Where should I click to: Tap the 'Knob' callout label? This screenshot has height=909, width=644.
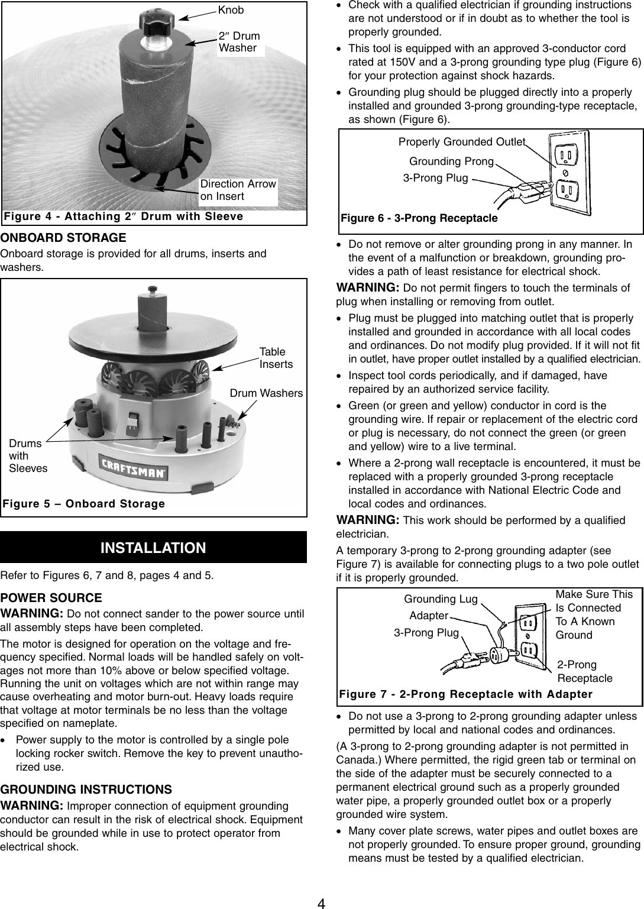(231, 10)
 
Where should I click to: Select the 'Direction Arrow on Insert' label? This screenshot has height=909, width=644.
(238, 190)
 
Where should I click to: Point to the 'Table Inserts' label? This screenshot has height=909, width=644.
(276, 358)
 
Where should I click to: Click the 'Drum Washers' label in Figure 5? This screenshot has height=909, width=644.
(266, 393)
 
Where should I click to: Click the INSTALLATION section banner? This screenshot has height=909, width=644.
(153, 548)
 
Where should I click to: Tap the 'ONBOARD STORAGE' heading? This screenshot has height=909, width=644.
(63, 238)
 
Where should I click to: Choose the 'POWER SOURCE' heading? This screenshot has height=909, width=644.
(51, 598)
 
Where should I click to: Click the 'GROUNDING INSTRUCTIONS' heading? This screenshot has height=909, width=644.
(86, 790)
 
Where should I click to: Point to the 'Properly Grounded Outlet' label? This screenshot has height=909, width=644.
(461, 142)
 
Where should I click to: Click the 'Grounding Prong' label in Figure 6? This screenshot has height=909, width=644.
(451, 161)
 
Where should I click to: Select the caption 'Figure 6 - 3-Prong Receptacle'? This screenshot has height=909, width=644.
(419, 218)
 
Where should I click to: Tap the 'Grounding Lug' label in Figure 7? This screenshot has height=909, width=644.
(441, 599)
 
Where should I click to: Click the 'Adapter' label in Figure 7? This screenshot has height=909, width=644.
(428, 616)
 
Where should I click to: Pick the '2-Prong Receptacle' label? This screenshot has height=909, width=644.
(585, 671)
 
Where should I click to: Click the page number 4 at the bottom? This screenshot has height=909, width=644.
(321, 901)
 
